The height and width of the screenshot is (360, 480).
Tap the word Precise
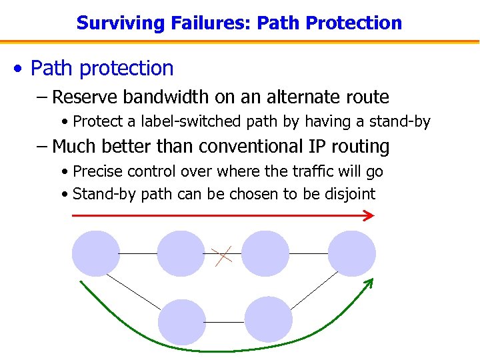pyautogui.click(x=99, y=171)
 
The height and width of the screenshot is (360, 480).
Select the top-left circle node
pyautogui.click(x=96, y=253)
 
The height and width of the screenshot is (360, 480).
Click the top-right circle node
pyautogui.click(x=352, y=253)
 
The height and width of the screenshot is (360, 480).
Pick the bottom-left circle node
pyautogui.click(x=181, y=323)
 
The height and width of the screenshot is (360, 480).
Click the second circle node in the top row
pyautogui.click(x=181, y=253)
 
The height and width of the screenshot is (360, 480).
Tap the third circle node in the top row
pyautogui.click(x=265, y=253)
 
